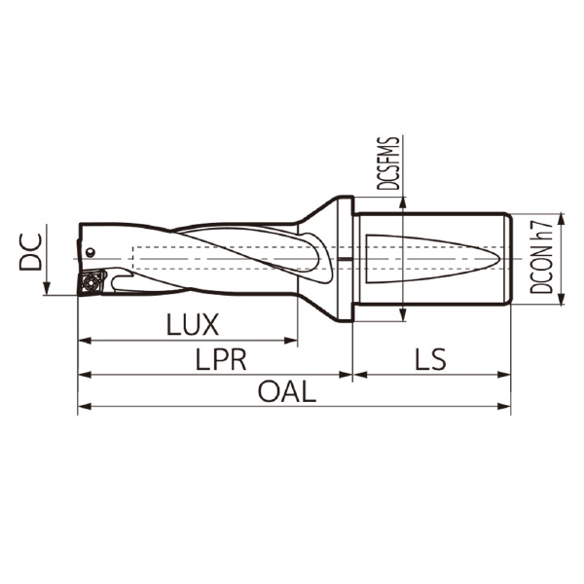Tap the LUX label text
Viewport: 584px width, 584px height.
(192, 324)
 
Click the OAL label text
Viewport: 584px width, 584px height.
(287, 392)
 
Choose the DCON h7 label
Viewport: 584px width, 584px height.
(548, 257)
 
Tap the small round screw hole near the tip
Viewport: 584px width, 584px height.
(90, 252)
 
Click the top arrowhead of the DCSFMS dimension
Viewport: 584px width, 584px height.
(402, 201)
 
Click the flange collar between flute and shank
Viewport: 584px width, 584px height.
(342, 258)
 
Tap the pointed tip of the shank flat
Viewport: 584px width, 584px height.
(500, 258)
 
